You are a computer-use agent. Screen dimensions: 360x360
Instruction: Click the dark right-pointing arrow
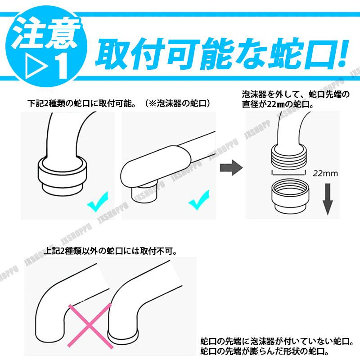coord(230,168)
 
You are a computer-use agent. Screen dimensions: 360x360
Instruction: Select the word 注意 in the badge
coord(45,34)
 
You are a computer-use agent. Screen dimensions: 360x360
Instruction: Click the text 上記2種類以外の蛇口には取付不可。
coord(111,250)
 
